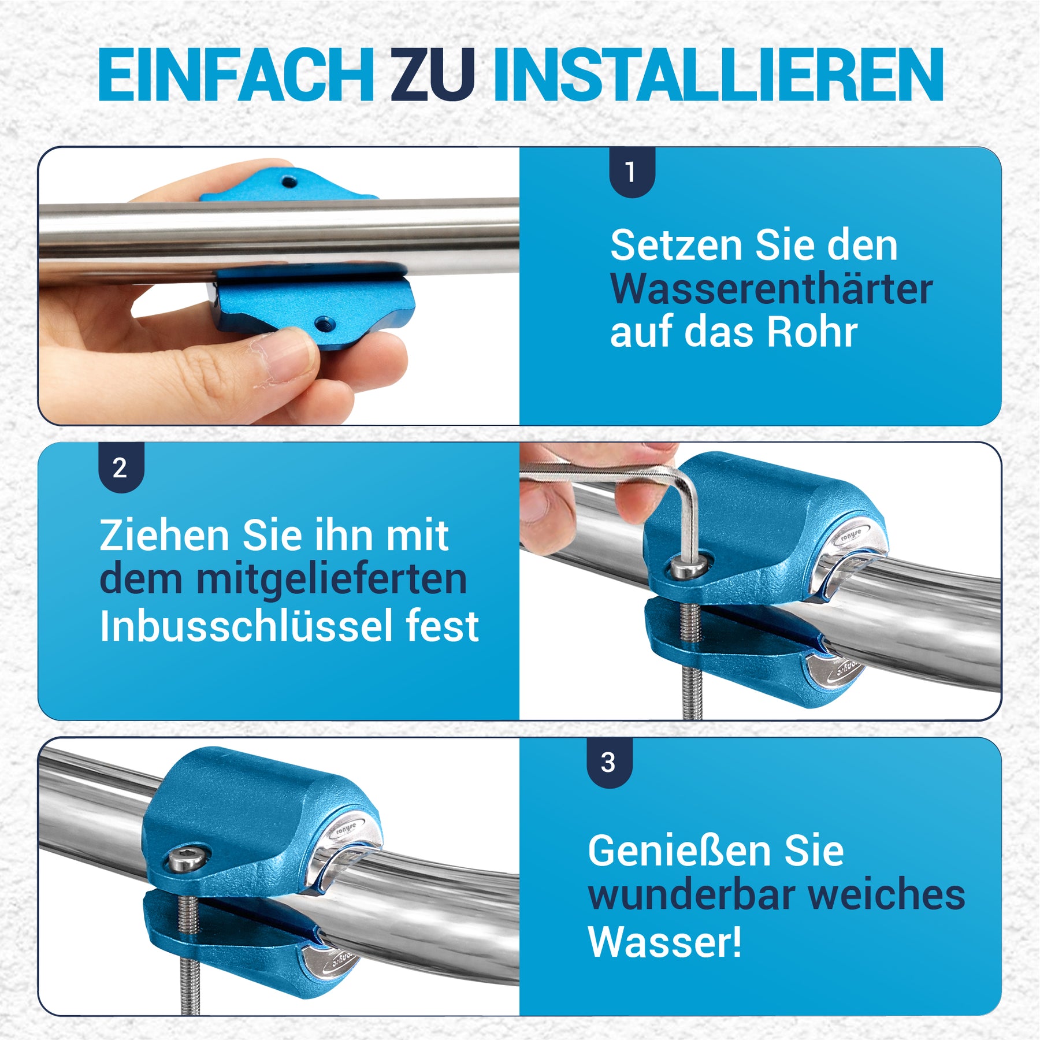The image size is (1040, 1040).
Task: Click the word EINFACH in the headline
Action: (236, 75)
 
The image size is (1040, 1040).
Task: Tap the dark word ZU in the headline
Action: (433, 75)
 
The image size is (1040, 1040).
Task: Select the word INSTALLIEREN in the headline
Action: (718, 75)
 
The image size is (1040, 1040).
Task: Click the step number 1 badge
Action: (632, 172)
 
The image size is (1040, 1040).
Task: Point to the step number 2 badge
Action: (121, 467)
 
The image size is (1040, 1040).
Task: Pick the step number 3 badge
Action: (609, 763)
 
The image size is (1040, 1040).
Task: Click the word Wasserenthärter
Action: (771, 288)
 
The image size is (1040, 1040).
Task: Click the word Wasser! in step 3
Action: (664, 942)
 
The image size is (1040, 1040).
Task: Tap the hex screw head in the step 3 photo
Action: (187, 860)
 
